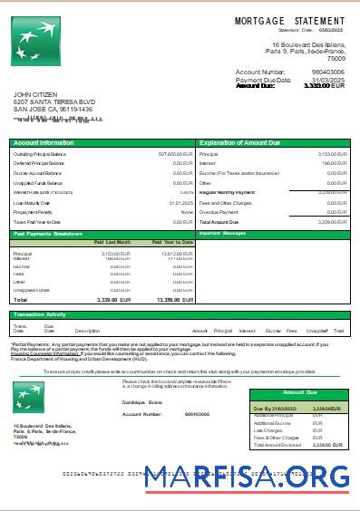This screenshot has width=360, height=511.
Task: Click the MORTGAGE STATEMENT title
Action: [x=289, y=20]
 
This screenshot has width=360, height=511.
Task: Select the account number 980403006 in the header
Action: [x=327, y=71]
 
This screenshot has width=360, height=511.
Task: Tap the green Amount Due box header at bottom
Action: [x=299, y=392]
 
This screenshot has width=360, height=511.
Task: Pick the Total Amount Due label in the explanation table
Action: [x=219, y=221]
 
